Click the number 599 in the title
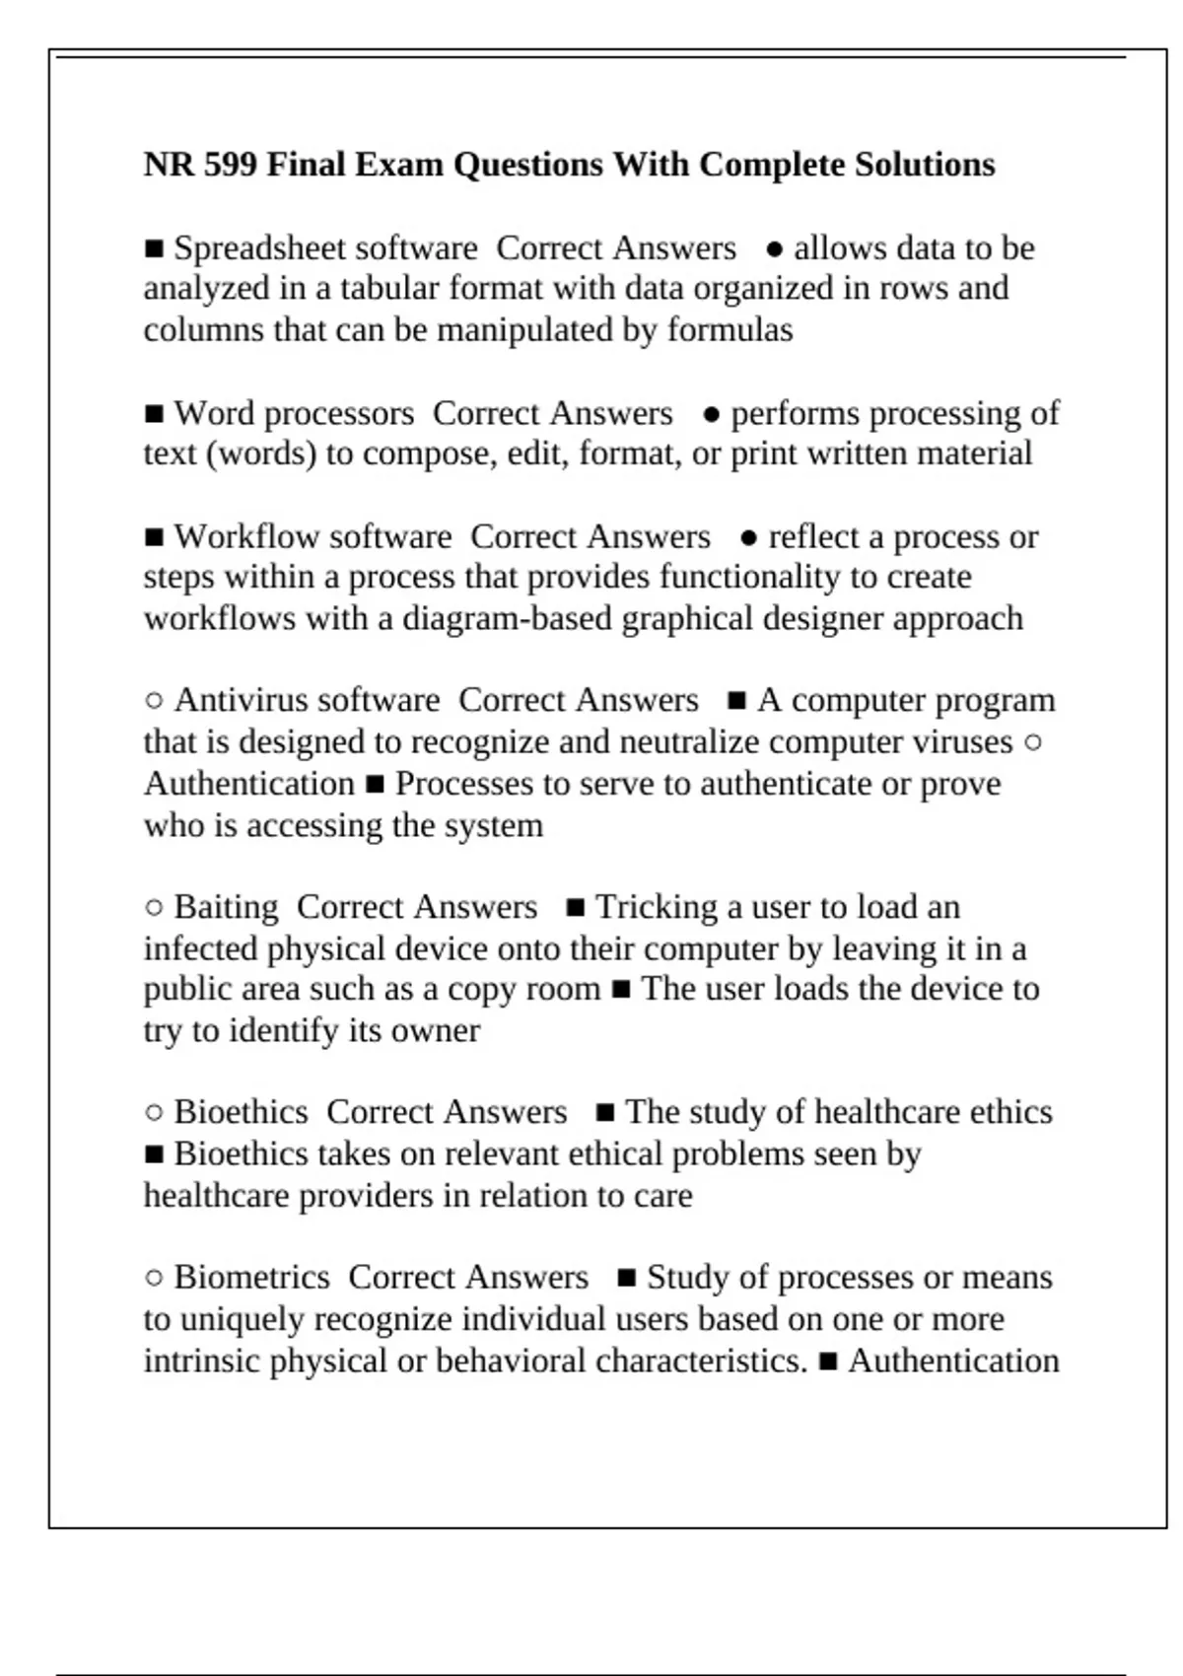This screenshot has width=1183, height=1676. pos(231,165)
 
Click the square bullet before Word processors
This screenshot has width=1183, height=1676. pos(154,414)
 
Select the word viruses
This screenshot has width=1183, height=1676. pos(963,742)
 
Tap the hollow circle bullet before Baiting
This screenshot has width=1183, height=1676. pos(154,908)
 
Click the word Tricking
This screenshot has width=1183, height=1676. pos(656,908)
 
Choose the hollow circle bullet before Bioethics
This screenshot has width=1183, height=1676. pos(154,1113)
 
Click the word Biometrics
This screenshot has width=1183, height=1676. pos(251,1278)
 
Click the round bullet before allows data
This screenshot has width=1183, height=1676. pos(775,249)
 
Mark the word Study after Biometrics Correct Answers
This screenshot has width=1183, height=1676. pos(688,1278)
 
